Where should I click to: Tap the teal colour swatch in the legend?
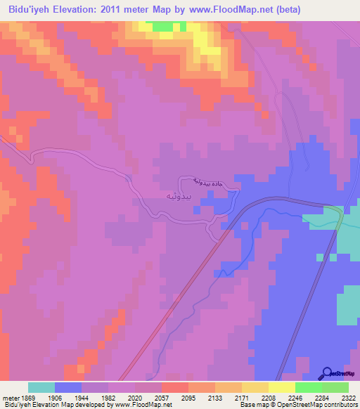41,387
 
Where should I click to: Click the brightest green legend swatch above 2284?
308,387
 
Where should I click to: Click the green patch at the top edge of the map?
162,26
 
